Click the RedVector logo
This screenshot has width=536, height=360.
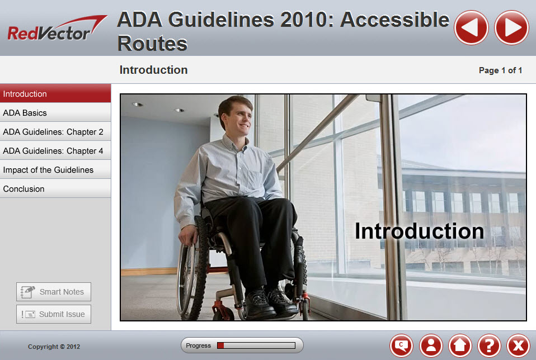tap(57, 29)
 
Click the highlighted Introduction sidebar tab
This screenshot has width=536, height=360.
tap(55, 93)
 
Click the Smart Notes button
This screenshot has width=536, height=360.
tap(54, 292)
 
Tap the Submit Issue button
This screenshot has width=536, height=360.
tap(54, 314)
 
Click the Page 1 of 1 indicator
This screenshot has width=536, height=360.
tap(500, 70)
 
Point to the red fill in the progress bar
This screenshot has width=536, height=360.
tap(220, 345)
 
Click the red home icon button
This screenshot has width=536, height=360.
tap(460, 345)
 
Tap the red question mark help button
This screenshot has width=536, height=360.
tap(489, 345)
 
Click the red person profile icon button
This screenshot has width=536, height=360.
tap(431, 345)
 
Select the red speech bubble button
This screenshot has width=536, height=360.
tap(401, 345)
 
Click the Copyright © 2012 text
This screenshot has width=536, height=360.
tap(54, 347)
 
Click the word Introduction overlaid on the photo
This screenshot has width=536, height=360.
tap(420, 231)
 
